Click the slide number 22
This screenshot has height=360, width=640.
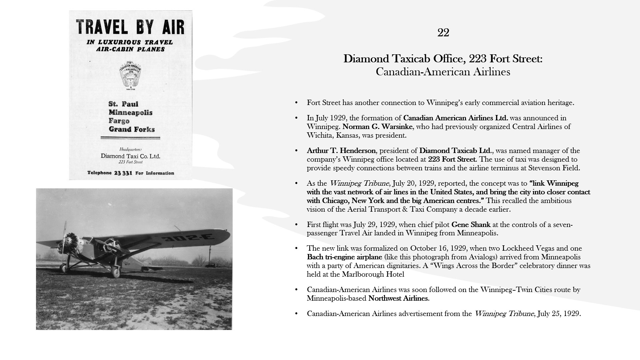click(443, 33)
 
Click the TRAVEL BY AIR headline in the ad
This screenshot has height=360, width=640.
click(130, 27)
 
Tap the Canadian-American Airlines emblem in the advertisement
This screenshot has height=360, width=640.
click(130, 75)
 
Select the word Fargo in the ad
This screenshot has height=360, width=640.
click(119, 121)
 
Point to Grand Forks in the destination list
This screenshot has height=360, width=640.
click(132, 129)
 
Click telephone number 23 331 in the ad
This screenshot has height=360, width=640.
click(122, 173)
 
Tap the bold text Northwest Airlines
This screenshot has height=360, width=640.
click(398, 298)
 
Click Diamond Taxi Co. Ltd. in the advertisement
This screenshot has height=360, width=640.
click(130, 156)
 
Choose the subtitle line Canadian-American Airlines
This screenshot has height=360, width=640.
click(443, 72)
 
